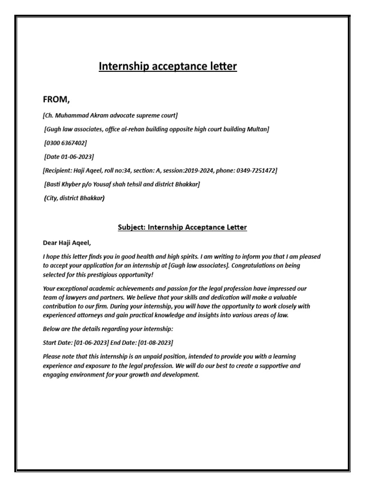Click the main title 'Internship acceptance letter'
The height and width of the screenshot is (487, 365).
[167, 67]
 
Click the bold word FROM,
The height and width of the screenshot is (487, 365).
[57, 99]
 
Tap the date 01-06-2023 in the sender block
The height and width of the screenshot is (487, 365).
[77, 156]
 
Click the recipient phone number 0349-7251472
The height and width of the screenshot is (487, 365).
[254, 170]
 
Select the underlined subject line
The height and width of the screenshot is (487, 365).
[182, 227]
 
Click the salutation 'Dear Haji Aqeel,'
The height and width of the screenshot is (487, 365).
[67, 243]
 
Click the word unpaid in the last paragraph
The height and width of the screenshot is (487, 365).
[146, 356]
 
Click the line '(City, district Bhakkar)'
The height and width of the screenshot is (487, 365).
[74, 198]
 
